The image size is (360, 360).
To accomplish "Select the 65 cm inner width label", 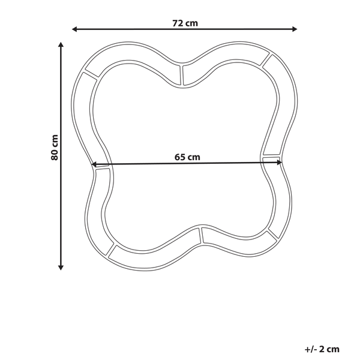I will (187, 157).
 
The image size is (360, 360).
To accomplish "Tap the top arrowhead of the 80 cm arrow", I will (61, 44).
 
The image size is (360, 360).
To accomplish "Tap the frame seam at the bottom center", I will (200, 236).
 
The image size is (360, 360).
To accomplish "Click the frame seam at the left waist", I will (102, 169).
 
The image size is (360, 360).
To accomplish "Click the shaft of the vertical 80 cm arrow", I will (61, 198).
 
